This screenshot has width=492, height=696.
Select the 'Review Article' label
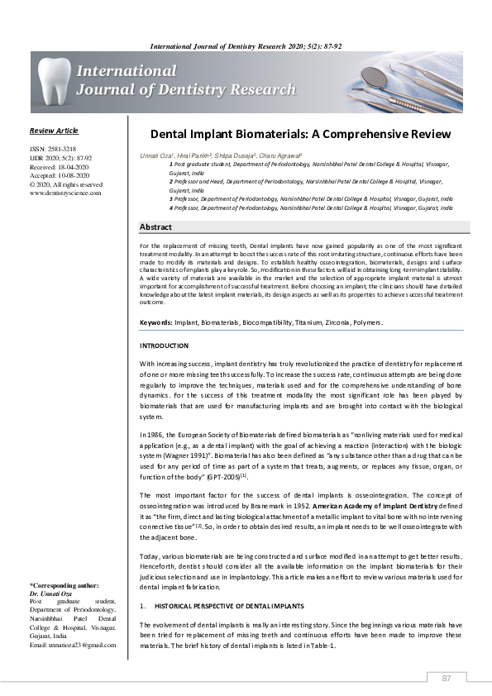(54, 131)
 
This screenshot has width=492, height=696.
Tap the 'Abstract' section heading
(156, 226)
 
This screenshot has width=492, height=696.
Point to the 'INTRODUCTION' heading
(164, 345)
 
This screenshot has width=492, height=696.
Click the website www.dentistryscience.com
(65, 193)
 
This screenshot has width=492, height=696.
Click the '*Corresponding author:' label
(64, 585)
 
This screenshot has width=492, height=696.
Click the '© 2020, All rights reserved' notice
(65, 184)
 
